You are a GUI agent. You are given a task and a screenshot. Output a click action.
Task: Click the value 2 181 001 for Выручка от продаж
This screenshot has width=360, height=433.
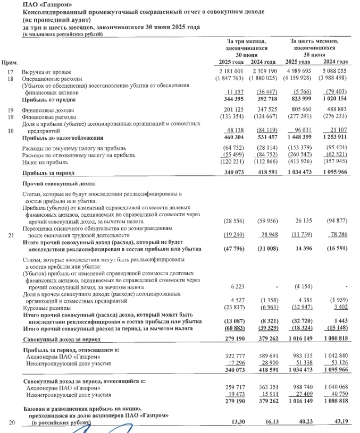coord(231,71)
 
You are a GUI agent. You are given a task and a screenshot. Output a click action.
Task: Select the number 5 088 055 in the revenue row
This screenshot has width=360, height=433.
coord(334,71)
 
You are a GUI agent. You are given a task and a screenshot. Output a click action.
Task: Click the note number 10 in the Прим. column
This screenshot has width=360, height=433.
coord(10,130)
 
